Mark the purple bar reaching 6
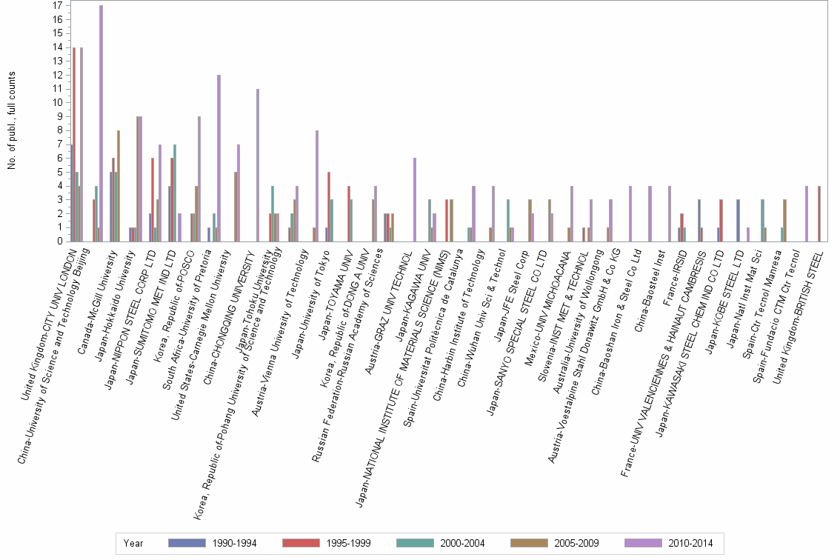[415, 199]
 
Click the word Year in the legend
[134, 543]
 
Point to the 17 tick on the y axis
[57, 5]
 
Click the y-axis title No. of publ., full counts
[11, 121]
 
